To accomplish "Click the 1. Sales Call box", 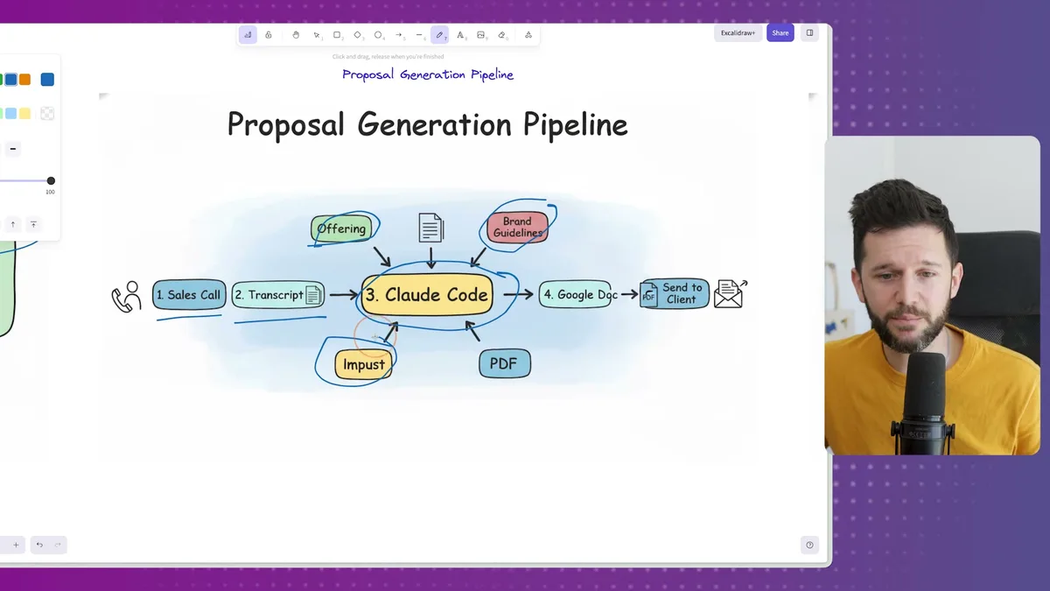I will point(189,295).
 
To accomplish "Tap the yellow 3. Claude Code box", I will point(427,295).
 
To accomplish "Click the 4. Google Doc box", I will point(574,295).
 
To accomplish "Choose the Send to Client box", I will point(675,294).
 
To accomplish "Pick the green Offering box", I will point(341,229).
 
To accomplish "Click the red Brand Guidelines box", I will point(517,227).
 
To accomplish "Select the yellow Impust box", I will point(363,364).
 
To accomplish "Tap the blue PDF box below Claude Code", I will point(504,363).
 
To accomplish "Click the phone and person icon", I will point(126,297).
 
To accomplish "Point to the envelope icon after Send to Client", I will point(730,294).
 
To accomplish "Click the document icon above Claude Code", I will point(430,228).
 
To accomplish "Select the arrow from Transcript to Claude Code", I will point(343,296).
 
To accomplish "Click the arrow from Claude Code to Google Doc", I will point(518,295).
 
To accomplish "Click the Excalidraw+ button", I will point(738,33).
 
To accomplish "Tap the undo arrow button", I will point(39,545).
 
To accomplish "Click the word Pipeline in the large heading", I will point(575,124).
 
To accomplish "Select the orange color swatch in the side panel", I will point(24,80).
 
